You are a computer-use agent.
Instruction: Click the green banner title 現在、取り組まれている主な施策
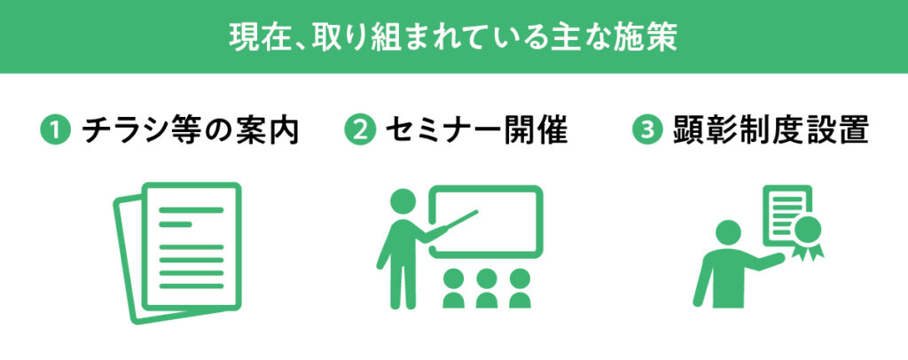tap(453, 38)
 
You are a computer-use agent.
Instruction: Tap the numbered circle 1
tap(55, 132)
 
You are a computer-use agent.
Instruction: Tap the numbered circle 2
tap(360, 132)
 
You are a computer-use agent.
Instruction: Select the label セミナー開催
tap(476, 132)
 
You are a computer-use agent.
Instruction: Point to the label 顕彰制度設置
tap(771, 132)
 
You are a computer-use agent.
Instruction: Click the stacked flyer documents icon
tap(177, 253)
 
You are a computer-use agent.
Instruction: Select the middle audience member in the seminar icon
tap(487, 288)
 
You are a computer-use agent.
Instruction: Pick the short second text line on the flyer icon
tap(176, 224)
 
